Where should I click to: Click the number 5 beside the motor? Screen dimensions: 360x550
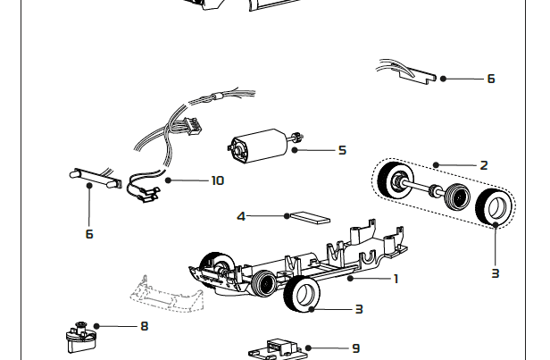[x=342, y=150]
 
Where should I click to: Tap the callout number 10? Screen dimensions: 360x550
[x=217, y=180]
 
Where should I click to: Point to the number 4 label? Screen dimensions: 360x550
[x=241, y=216]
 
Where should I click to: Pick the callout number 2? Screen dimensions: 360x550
[x=484, y=165]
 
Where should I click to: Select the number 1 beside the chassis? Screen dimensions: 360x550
[x=396, y=279]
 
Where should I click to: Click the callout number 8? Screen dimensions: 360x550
[x=144, y=326]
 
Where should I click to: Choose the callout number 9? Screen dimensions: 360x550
[x=355, y=348]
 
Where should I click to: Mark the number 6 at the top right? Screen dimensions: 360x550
[x=491, y=79]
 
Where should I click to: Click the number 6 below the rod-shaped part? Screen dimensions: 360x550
[x=89, y=234]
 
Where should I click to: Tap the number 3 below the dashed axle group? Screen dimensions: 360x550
[x=495, y=273]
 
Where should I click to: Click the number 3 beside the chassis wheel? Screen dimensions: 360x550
[x=359, y=309]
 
